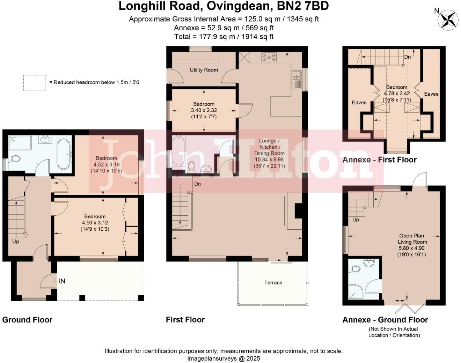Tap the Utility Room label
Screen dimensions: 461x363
click(204, 70)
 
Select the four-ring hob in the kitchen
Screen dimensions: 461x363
click(269, 57)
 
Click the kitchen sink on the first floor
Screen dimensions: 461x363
click(296, 80)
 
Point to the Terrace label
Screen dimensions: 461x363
click(273, 282)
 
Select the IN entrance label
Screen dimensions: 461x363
click(62, 281)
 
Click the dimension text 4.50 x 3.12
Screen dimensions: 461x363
click(95, 222)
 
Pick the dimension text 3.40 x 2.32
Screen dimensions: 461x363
click(204, 110)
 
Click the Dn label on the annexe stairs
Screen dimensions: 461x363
click(407, 57)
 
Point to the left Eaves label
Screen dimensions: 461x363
click(359, 103)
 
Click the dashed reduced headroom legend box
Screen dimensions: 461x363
click(35, 83)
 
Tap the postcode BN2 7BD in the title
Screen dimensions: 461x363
click(303, 6)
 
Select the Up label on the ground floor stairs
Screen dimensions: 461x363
click(16, 242)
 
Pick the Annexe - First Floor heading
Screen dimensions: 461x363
click(379, 160)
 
